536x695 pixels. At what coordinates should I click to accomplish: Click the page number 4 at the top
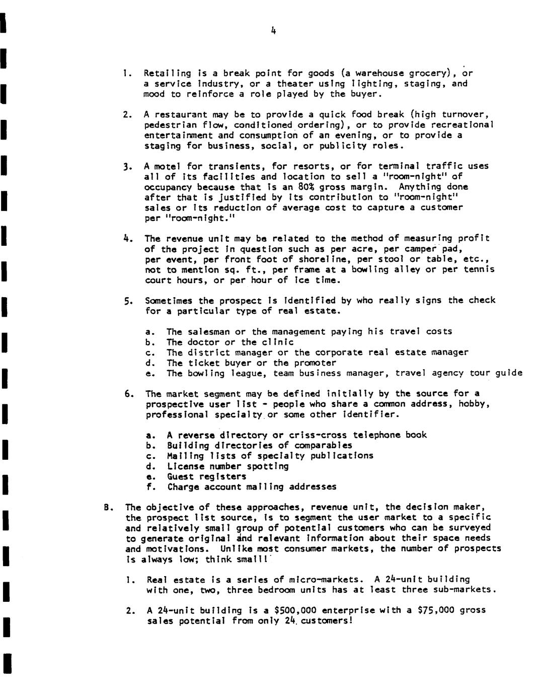tap(273, 31)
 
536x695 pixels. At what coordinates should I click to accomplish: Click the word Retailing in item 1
tap(160, 73)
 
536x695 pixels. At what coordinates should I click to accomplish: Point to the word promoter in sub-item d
tap(315, 363)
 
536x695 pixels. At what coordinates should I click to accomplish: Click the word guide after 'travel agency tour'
tap(509, 373)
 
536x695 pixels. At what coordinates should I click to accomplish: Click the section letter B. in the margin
tap(107, 507)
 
